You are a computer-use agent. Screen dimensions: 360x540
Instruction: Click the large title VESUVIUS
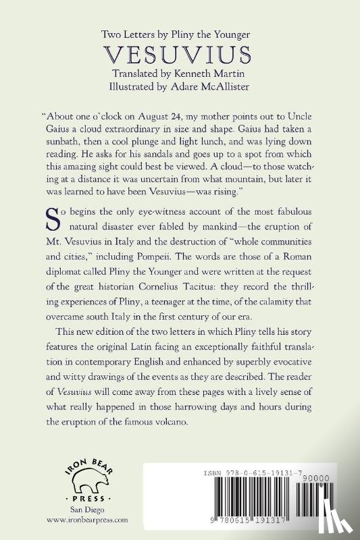(x=180, y=54)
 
